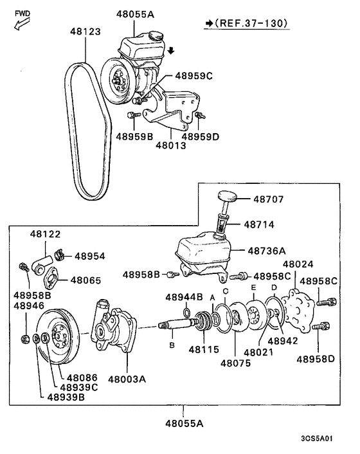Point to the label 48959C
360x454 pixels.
[x=191, y=76]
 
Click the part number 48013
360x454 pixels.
[x=170, y=146]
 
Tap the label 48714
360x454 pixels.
[x=260, y=224]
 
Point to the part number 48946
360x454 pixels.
[x=28, y=306]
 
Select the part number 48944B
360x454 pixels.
[x=184, y=297]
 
